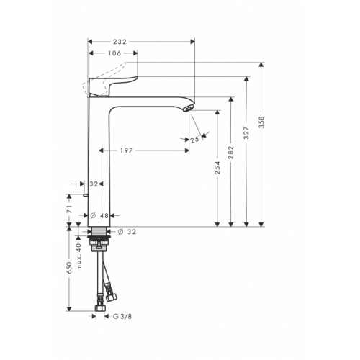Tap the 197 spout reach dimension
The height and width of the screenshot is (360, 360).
pos(146,150)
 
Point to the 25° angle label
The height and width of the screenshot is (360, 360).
pos(195,140)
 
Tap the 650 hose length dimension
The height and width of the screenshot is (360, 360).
pos(70,268)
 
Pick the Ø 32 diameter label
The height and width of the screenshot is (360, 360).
pos(127,231)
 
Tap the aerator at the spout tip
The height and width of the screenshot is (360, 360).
pos(189,108)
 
